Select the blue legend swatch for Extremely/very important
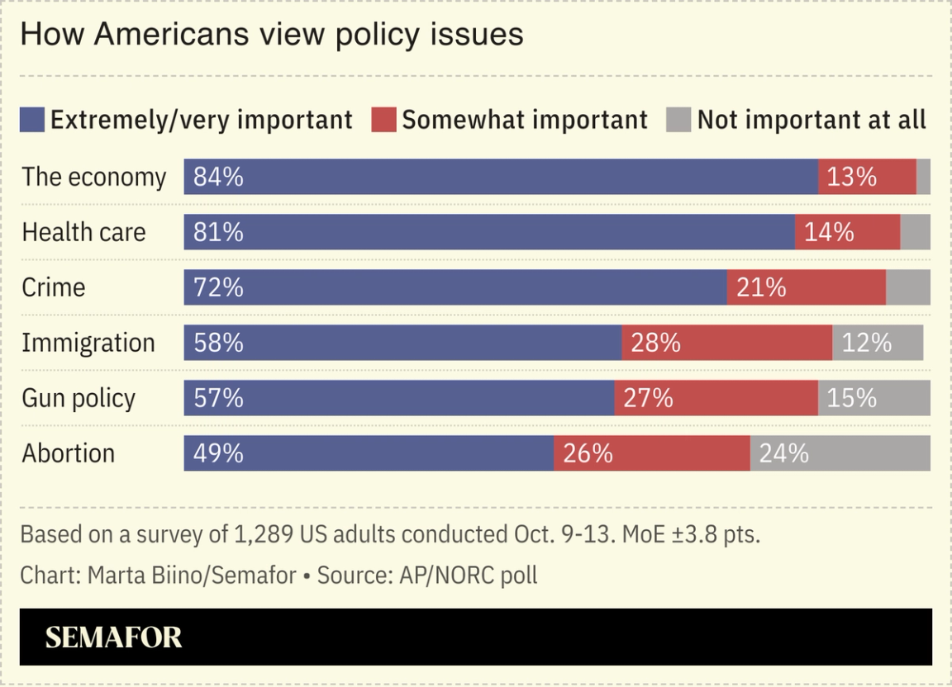pyautogui.click(x=31, y=120)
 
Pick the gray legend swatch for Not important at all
pyautogui.click(x=678, y=120)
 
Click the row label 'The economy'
pyautogui.click(x=93, y=177)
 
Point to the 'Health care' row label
pyautogui.click(x=83, y=232)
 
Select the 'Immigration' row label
pyautogui.click(x=88, y=343)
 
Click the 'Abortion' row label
pyautogui.click(x=68, y=453)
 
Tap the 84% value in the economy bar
pyautogui.click(x=218, y=177)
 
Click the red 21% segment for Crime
pyautogui.click(x=806, y=287)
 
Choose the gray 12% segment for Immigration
pyautogui.click(x=877, y=343)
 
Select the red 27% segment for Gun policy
pyautogui.click(x=716, y=398)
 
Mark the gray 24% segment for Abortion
pyautogui.click(x=840, y=453)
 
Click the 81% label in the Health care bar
pyautogui.click(x=218, y=232)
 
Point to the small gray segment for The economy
pyautogui.click(x=923, y=177)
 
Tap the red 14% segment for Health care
pyautogui.click(x=847, y=232)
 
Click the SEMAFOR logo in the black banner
pyautogui.click(x=113, y=637)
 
